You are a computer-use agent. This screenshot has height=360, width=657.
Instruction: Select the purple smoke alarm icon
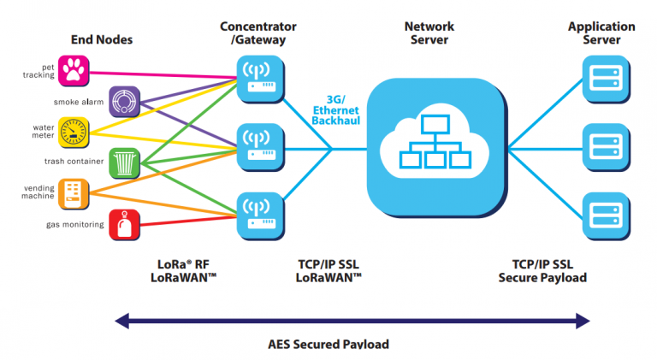(125, 101)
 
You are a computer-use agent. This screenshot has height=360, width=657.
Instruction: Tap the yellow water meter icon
(73, 132)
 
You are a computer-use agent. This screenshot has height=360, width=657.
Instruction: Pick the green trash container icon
(125, 162)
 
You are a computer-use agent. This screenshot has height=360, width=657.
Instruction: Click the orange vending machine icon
(73, 193)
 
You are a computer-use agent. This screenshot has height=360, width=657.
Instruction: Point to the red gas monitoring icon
(125, 224)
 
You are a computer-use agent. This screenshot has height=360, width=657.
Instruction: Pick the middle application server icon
(601, 143)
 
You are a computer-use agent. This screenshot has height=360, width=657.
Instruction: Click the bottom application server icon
(601, 212)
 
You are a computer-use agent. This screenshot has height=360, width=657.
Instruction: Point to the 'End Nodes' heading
(101, 38)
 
